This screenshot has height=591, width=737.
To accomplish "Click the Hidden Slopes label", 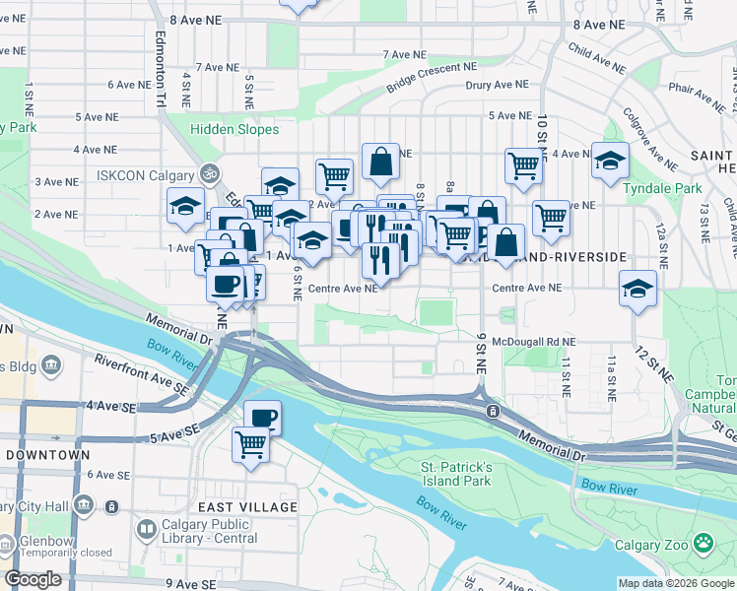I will click(x=234, y=129).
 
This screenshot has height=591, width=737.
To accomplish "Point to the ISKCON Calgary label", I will click(x=148, y=175).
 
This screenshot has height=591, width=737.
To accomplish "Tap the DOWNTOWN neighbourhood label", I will click(x=46, y=455).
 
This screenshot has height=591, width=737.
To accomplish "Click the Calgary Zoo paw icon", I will click(x=703, y=543).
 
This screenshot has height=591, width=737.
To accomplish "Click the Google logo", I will click(x=33, y=579).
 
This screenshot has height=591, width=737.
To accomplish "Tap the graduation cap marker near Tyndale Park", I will click(x=610, y=160).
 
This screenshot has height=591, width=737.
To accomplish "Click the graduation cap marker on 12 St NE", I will click(x=638, y=289).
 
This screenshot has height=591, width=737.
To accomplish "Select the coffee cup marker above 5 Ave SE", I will click(x=263, y=418).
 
